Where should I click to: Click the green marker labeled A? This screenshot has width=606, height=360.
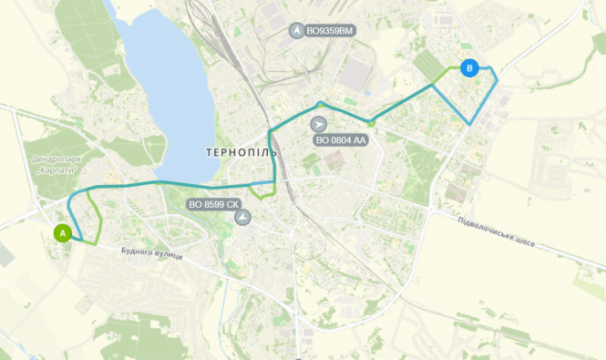(62, 232)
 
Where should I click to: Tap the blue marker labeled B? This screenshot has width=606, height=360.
(469, 67)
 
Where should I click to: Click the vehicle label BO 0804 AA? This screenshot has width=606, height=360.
(341, 140)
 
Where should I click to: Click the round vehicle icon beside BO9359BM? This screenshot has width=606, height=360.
(296, 31)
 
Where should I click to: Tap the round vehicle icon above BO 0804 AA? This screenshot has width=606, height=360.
(318, 123)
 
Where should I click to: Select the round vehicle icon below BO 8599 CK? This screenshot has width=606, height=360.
(241, 219)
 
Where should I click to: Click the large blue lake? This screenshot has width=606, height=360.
(164, 91)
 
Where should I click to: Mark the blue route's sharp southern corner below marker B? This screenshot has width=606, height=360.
(469, 124)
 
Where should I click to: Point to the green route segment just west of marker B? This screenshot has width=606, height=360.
(446, 72)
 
